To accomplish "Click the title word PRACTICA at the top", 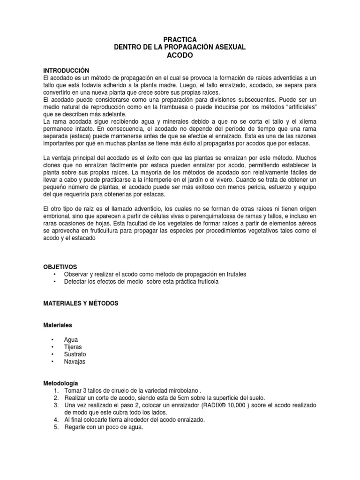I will [x=180, y=40].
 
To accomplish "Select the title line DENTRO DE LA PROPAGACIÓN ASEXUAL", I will [x=180, y=47].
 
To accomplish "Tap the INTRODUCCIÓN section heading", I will [x=66, y=70].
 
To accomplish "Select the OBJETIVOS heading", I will [x=60, y=267].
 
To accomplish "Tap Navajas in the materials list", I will [x=75, y=362].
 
